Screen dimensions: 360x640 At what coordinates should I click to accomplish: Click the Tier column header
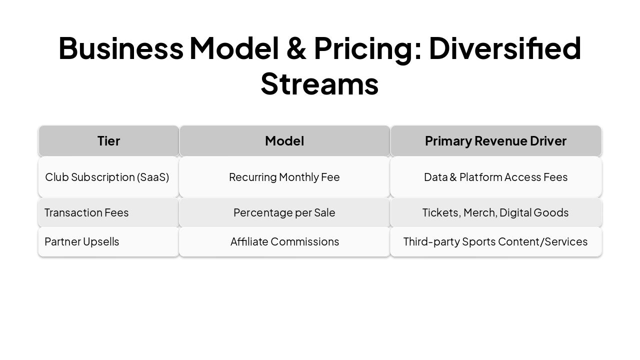[x=108, y=141]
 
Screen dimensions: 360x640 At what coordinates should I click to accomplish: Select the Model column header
[x=284, y=141]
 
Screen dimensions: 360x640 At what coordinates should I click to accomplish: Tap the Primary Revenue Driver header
[x=495, y=141]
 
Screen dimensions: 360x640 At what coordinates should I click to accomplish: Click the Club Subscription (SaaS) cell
[x=107, y=177]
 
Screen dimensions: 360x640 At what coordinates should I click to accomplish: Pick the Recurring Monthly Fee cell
[x=284, y=177]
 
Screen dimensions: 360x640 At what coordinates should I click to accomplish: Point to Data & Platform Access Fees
[x=495, y=177]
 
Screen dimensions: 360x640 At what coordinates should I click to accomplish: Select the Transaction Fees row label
[x=86, y=212]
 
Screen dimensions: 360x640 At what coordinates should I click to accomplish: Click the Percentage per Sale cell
[x=284, y=212]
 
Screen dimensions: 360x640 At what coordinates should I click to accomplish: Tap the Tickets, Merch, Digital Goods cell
[x=495, y=212]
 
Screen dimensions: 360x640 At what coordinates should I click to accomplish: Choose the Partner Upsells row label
[x=82, y=241]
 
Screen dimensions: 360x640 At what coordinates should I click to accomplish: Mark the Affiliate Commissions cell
[x=284, y=241]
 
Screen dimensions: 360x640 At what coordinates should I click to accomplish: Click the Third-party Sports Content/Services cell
[x=495, y=241]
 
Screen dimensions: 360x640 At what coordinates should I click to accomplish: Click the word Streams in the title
[x=319, y=83]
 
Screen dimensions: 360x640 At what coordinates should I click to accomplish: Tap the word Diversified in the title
[x=504, y=48]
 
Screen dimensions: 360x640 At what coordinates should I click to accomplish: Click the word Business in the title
[x=120, y=48]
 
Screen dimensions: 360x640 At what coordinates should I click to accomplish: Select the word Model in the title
[x=234, y=48]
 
